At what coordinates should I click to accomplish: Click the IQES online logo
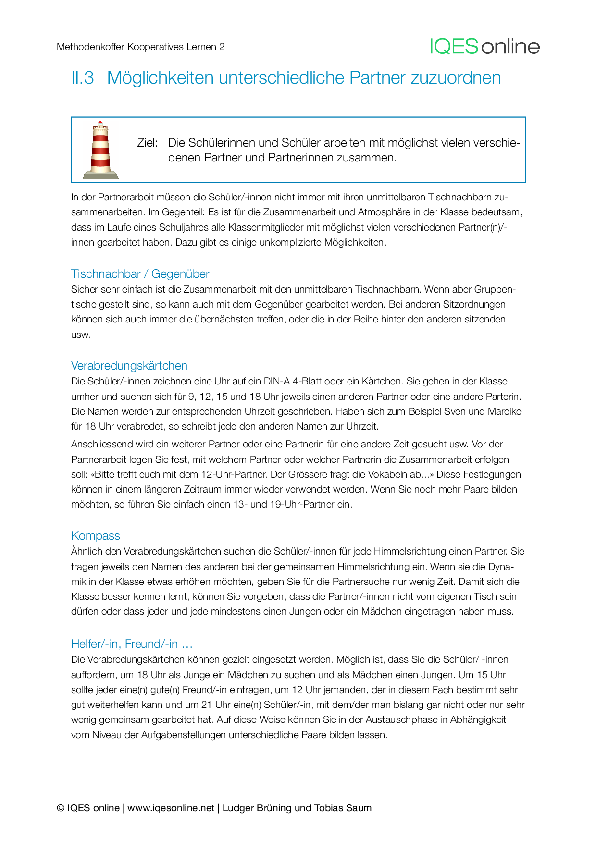click(x=484, y=47)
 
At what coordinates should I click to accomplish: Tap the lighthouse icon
click(x=100, y=149)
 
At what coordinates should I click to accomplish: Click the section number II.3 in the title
click(x=82, y=78)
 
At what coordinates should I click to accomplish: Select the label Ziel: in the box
click(x=147, y=143)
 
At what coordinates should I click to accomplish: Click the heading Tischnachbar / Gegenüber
click(x=140, y=274)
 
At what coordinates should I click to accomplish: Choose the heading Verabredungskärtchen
click(x=129, y=366)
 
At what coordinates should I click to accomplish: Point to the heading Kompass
click(x=95, y=536)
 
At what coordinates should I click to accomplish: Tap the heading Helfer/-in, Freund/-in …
click(x=132, y=644)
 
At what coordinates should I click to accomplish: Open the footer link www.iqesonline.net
click(x=171, y=808)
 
